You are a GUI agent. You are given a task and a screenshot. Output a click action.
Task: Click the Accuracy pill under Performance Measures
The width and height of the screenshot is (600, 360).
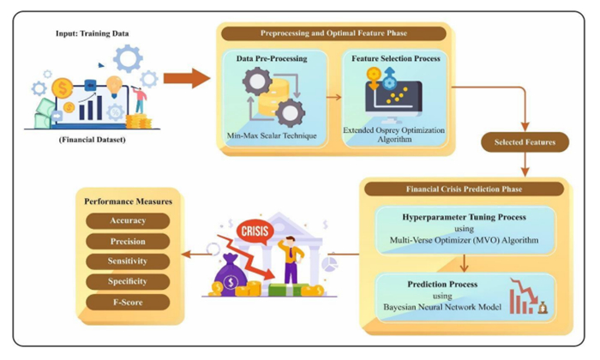pos(128,221)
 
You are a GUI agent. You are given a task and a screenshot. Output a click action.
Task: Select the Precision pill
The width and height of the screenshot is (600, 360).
pos(128,242)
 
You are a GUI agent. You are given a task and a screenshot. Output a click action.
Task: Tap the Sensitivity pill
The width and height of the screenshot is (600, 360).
pos(128,261)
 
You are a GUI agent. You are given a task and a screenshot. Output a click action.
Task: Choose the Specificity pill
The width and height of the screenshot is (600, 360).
pos(128,282)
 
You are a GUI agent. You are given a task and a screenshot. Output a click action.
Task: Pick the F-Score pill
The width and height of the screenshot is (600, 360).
pos(128,303)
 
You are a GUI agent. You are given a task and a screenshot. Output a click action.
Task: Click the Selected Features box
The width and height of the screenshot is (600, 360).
pos(525,142)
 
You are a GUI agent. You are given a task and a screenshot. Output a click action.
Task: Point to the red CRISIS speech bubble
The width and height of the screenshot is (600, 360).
pos(255,231)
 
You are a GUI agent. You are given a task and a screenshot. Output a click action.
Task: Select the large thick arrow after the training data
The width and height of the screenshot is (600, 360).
pos(187,78)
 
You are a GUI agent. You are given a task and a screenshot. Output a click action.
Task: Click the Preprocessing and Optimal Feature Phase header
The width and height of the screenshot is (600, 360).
pos(333,33)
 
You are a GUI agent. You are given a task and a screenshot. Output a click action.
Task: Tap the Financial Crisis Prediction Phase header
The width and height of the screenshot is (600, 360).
pos(465,189)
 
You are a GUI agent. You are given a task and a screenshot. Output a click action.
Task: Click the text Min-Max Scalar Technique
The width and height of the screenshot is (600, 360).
pos(272,135)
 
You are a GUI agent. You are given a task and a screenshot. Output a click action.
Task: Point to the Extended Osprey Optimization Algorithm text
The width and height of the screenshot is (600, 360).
pos(394,135)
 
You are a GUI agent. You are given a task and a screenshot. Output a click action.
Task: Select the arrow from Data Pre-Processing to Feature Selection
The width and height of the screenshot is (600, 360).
pos(333,97)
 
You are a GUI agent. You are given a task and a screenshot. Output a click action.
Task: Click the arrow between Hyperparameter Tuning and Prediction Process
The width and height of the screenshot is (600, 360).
pos(465,263)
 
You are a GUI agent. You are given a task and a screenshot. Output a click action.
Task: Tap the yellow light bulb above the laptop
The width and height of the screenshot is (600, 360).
pos(114,87)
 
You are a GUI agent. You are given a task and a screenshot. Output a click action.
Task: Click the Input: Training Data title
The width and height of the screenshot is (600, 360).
pos(93,33)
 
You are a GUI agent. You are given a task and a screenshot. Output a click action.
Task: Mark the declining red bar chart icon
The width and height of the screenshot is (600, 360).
pos(528,296)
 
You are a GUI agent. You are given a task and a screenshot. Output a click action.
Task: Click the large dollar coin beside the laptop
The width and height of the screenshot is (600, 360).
pos(63,88)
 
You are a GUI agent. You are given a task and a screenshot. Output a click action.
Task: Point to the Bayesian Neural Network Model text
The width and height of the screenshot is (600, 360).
pos(442,307)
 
